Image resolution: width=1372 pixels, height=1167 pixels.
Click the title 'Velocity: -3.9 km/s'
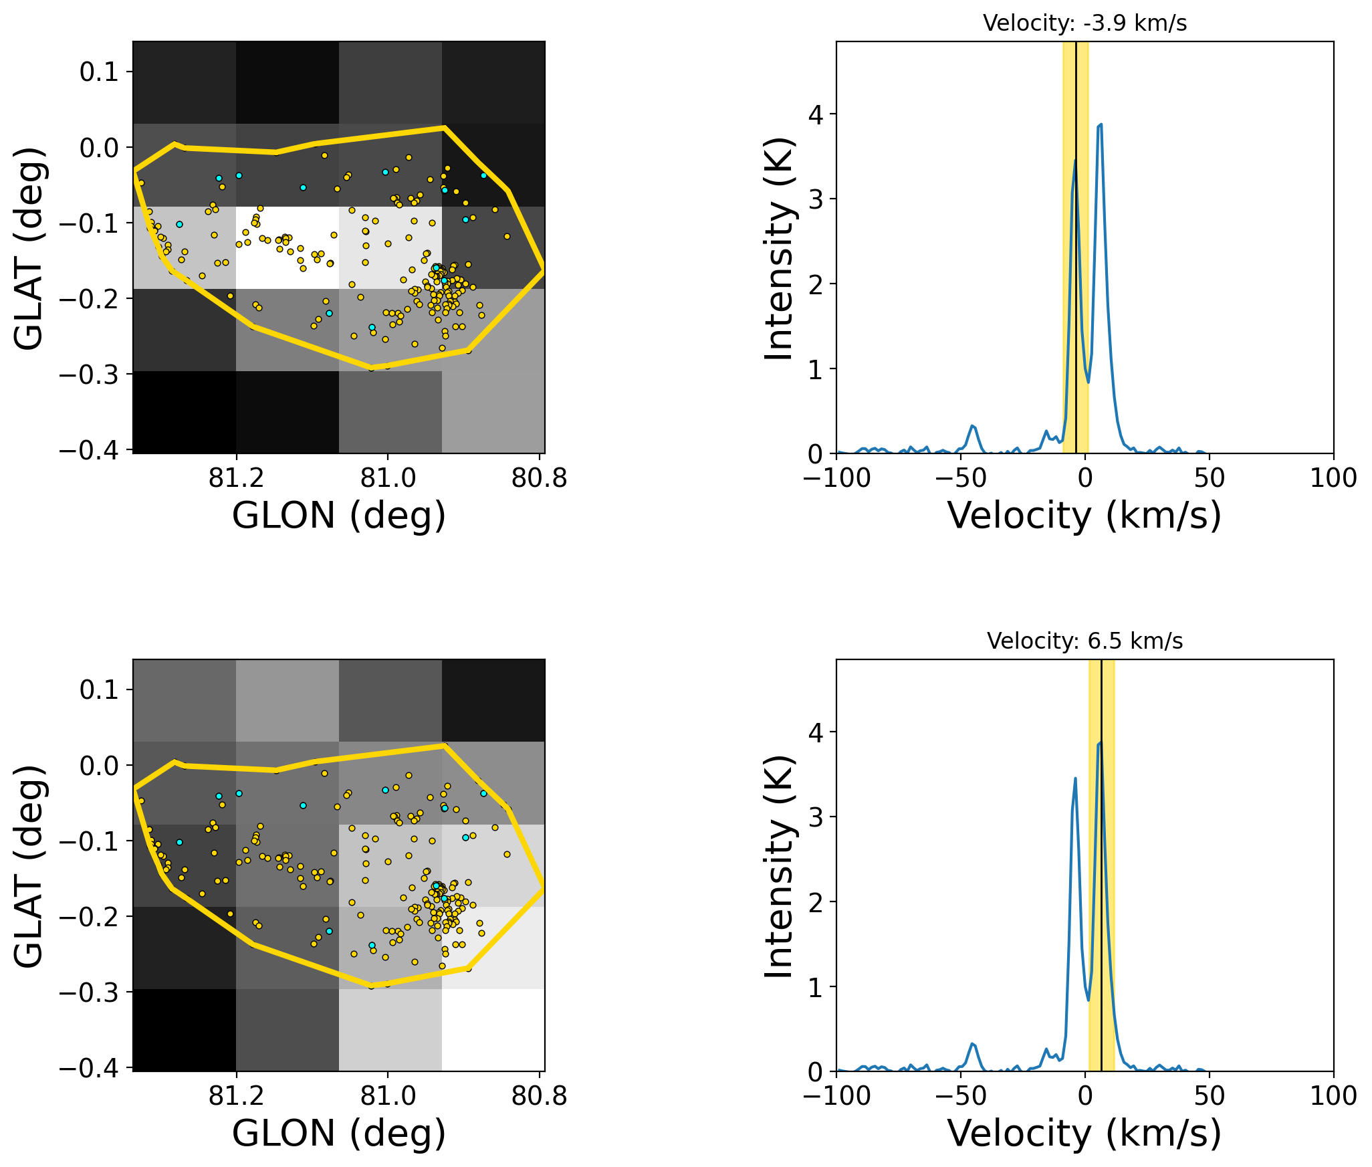(1084, 23)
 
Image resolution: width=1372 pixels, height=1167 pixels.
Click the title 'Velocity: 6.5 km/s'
(1084, 641)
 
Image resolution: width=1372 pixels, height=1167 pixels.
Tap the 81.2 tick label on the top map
(235, 478)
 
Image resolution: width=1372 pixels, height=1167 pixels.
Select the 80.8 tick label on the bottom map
(539, 1096)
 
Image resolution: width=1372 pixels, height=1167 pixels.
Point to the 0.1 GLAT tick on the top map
(99, 72)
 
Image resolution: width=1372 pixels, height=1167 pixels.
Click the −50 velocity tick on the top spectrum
(960, 478)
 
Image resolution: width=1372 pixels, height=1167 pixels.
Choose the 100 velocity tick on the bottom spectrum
(1333, 1096)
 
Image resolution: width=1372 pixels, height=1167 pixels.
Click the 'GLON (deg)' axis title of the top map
(339, 516)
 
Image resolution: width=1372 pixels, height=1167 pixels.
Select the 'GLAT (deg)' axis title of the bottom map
(29, 865)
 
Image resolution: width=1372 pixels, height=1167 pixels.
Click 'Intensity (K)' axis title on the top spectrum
(780, 248)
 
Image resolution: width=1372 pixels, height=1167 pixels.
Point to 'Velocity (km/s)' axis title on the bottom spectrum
(1084, 1134)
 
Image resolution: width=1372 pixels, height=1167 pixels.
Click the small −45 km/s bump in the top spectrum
(973, 426)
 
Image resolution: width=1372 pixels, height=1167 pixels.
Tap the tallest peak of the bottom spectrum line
(1100, 742)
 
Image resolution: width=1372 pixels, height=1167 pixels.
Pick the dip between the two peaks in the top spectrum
(1089, 382)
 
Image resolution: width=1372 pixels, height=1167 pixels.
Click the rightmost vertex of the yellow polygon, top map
(544, 270)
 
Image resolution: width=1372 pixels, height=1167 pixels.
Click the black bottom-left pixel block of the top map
(185, 412)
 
